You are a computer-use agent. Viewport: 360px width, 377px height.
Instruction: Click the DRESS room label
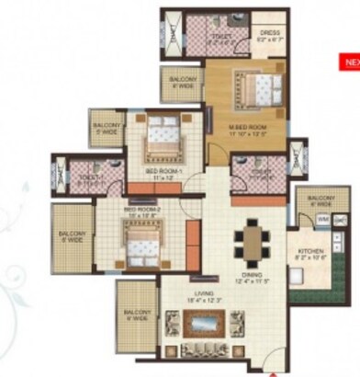coord(268,34)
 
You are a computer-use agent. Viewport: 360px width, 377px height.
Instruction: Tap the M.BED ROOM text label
coord(246,127)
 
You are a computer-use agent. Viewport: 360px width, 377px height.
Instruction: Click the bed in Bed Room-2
coord(141,245)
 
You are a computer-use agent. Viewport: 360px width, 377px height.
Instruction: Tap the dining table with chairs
coord(250,243)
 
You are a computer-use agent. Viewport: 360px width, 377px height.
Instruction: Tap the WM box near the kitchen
coord(323,221)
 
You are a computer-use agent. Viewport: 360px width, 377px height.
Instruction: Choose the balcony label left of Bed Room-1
coord(107,128)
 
